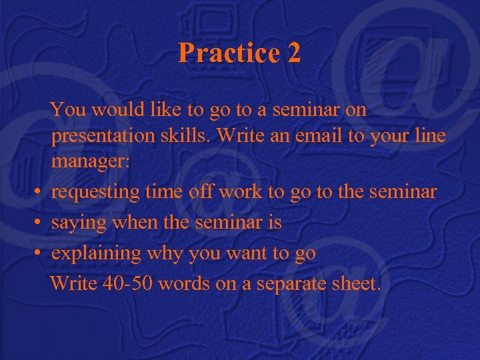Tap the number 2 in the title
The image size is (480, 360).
[294, 53]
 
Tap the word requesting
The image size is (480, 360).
[95, 193]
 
